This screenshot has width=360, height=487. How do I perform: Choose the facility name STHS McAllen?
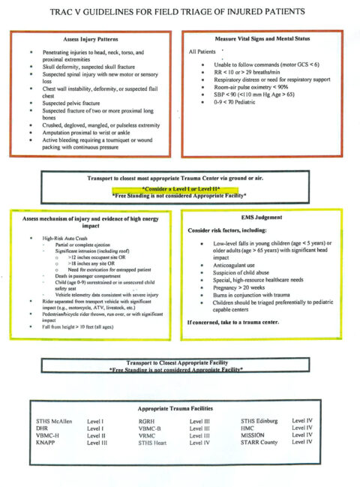point(54,422)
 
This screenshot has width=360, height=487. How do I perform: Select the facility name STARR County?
point(259,443)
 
